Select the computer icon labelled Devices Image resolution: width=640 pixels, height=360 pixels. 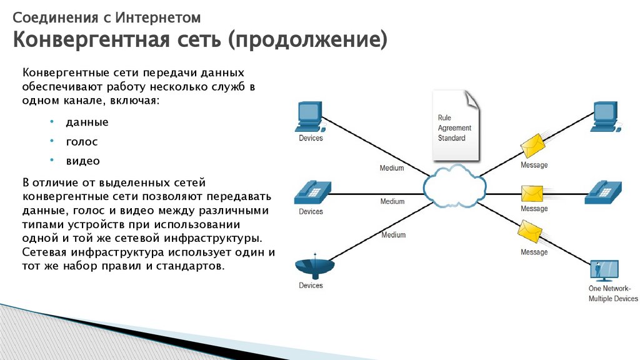(309, 116)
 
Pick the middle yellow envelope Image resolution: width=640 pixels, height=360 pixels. (533, 192)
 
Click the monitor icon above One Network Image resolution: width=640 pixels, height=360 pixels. (604, 271)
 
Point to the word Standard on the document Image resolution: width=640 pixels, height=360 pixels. (452, 138)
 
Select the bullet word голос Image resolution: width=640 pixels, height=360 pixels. (82, 142)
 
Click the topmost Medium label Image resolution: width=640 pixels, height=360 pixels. (392, 168)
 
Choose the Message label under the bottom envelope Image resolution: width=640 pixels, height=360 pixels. (534, 252)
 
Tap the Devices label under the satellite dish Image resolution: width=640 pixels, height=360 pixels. (311, 286)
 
